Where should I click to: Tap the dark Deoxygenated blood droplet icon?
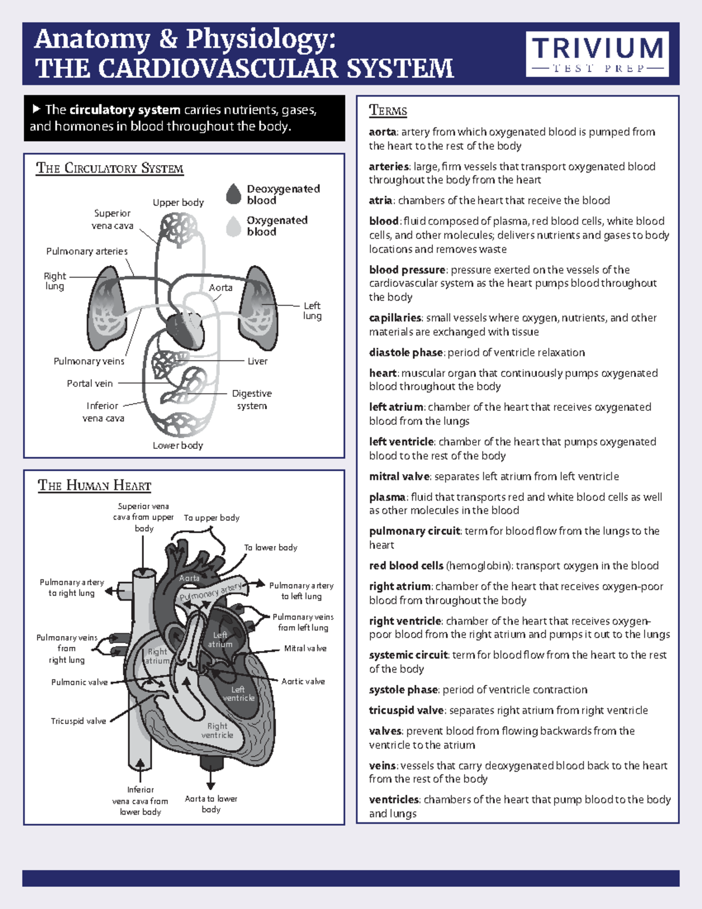point(234,194)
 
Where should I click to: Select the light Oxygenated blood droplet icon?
point(234,226)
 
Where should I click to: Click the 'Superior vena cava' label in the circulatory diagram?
point(112,219)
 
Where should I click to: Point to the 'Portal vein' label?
point(90,383)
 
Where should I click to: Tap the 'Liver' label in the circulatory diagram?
point(257,361)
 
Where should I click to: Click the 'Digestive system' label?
point(252,399)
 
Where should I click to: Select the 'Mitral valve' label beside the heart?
point(305,649)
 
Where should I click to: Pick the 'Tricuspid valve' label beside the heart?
point(78,721)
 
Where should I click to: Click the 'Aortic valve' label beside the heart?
point(303,681)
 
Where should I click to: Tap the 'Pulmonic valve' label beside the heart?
point(80,682)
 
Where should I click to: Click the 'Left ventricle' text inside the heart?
point(238,694)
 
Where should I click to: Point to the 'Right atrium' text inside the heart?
point(157,656)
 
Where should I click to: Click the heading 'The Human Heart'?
point(94,485)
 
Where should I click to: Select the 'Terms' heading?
point(388,111)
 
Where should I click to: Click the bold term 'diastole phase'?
point(405,352)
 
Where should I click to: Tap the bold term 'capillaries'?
point(395,318)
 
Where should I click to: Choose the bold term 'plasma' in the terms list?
point(387,497)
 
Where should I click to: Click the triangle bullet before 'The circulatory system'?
point(36,109)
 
